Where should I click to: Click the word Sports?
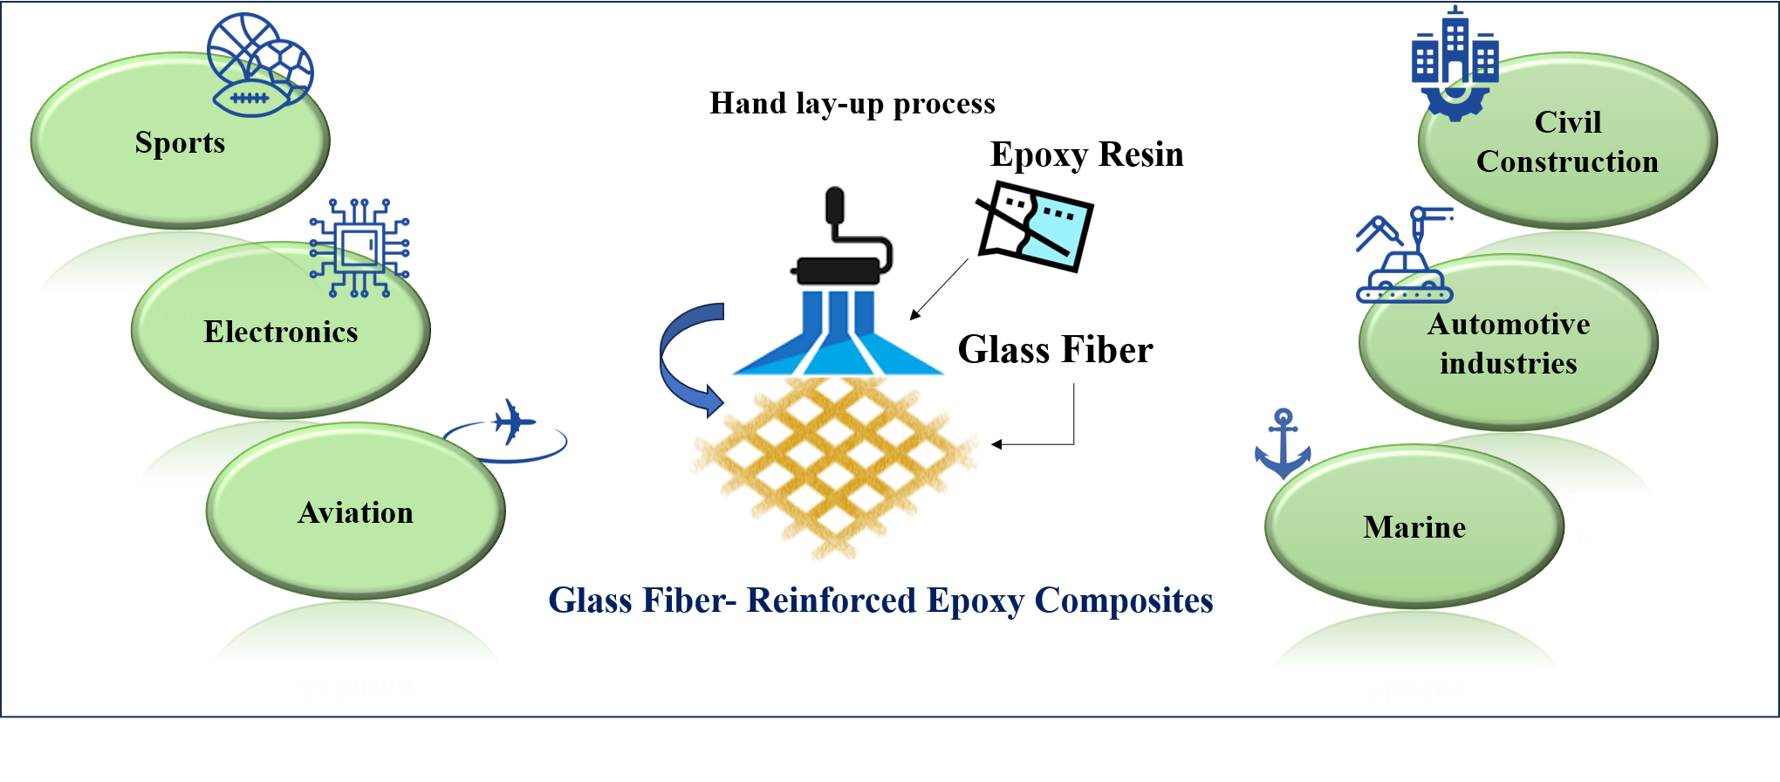(x=180, y=142)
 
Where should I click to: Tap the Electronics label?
(x=280, y=332)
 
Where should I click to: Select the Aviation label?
(x=355, y=512)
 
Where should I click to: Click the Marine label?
(x=1414, y=527)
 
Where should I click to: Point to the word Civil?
(x=1567, y=122)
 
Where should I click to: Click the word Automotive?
(x=1508, y=324)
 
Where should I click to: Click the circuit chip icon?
(x=359, y=248)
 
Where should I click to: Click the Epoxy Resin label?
(x=1086, y=154)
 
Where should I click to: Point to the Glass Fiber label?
(x=1055, y=350)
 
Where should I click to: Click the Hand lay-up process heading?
(x=852, y=104)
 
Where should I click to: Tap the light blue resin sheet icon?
(x=1035, y=226)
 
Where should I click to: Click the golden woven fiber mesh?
(x=834, y=463)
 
